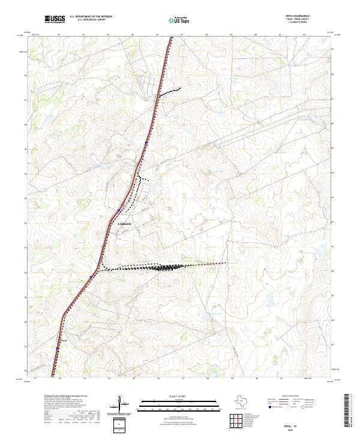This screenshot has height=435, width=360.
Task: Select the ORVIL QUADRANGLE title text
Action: [x=298, y=16]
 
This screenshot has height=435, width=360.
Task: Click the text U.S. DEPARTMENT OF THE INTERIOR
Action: [x=91, y=16]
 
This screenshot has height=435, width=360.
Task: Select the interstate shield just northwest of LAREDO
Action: [x=120, y=210]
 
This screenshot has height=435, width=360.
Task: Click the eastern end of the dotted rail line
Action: [x=226, y=263]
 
